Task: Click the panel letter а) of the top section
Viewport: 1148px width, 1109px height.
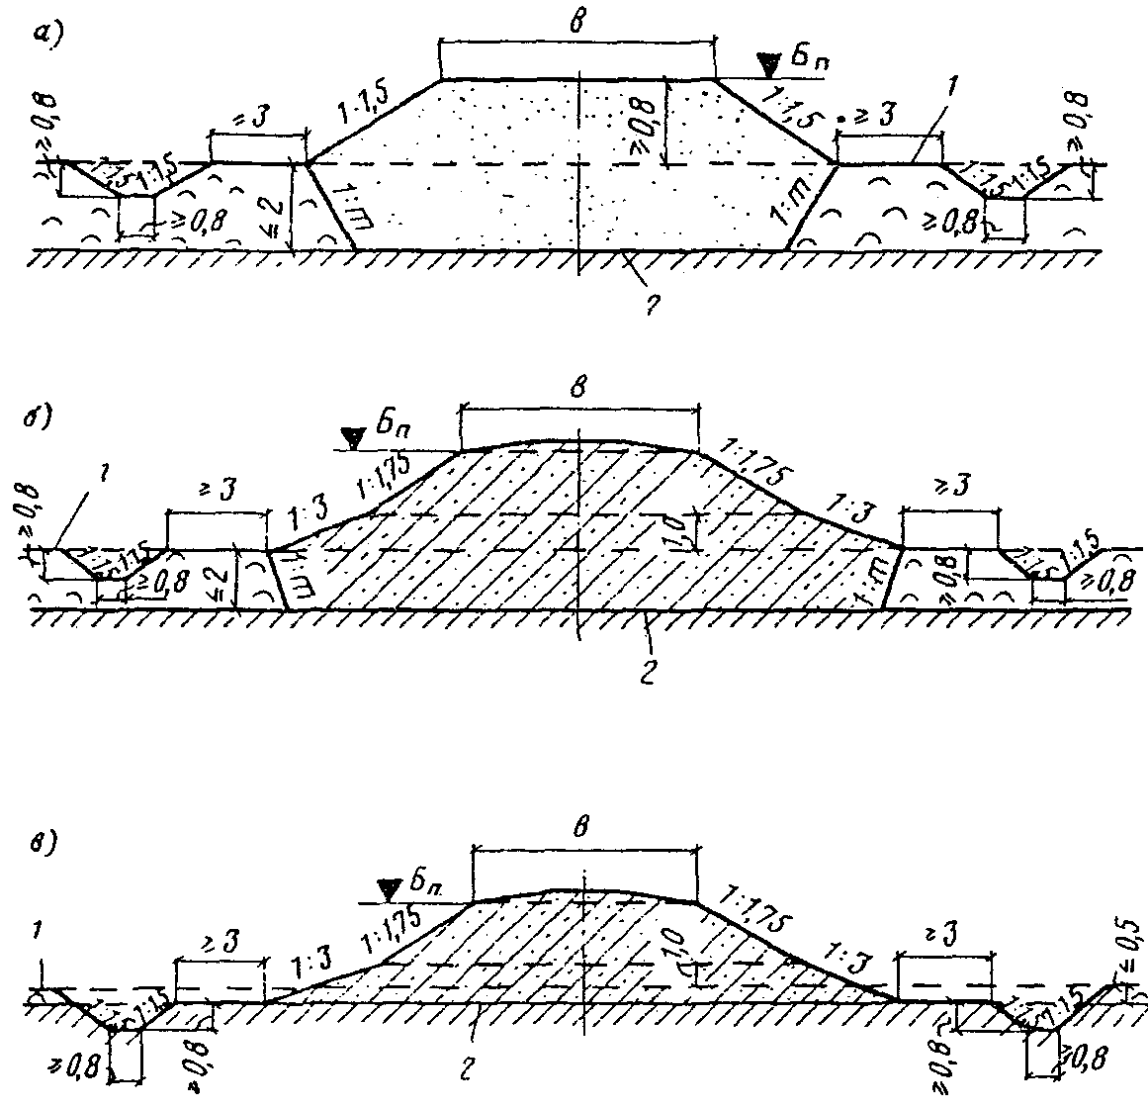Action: pyautogui.click(x=46, y=34)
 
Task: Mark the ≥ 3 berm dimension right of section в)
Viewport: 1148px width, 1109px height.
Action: pyautogui.click(x=943, y=935)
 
